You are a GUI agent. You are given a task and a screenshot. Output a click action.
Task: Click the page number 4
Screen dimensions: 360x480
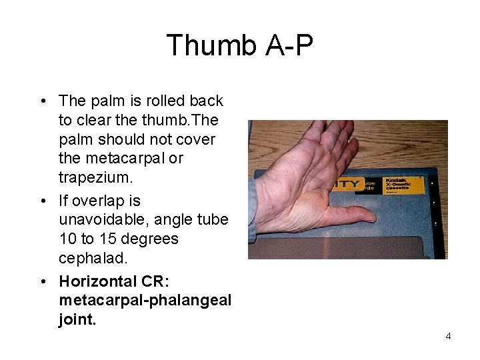[x=448, y=336]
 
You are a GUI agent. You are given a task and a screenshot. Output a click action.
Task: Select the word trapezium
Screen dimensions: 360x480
[x=90, y=178]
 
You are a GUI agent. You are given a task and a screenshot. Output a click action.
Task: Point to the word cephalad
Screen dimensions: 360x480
[x=91, y=258]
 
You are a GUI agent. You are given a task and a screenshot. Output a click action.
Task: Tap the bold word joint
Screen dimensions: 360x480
[x=77, y=319]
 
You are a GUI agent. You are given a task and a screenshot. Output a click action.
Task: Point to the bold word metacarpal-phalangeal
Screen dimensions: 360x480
[x=145, y=300]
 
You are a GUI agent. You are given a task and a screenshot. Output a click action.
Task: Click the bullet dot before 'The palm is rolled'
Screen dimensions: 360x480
[x=43, y=101]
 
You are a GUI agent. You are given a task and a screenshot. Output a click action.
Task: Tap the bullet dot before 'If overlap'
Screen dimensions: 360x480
[x=43, y=201]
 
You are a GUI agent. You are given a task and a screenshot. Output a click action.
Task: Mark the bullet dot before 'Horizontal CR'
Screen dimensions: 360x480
[x=43, y=281]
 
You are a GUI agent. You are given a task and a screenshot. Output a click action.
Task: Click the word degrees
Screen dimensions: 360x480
[x=149, y=239]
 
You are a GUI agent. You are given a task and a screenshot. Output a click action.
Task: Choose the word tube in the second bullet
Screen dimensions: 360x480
[x=213, y=219]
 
